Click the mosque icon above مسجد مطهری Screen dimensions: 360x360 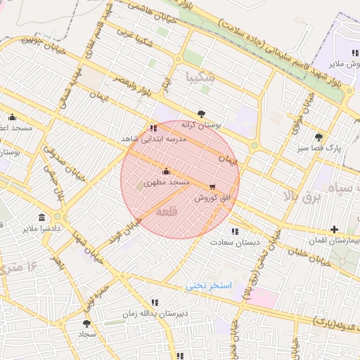click(166, 171)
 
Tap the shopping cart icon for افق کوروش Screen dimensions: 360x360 click(212, 187)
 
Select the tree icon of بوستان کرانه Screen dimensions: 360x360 click(202, 113)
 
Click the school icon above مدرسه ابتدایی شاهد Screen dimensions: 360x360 click(154, 128)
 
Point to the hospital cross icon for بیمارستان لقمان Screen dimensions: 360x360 click(334, 229)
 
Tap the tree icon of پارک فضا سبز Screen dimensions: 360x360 click(319, 137)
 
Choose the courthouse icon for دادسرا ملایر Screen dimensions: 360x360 click(41, 217)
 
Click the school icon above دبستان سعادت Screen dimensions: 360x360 click(235, 231)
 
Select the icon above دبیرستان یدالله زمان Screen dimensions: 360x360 click(154, 302)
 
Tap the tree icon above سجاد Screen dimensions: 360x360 click(86, 323)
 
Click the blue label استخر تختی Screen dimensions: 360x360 click(209, 286)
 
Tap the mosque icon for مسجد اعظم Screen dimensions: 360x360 click(12, 117)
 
